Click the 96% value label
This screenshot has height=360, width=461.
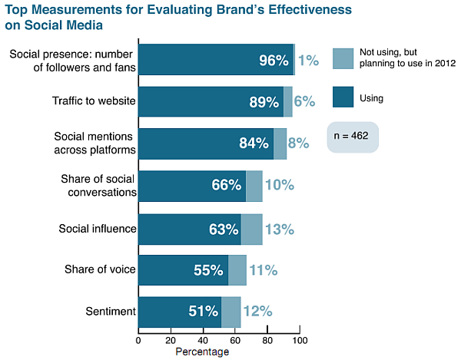click(x=274, y=60)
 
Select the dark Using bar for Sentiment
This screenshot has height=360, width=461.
click(x=180, y=311)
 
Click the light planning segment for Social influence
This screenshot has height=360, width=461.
click(x=251, y=228)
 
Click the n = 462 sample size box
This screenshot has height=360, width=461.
click(x=353, y=135)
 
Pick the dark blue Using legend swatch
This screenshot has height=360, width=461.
click(x=343, y=98)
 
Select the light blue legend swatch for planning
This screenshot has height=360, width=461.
click(x=343, y=58)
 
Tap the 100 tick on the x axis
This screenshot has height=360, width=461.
click(x=300, y=340)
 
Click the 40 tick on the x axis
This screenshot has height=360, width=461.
click(x=203, y=340)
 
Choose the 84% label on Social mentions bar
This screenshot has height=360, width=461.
click(x=254, y=144)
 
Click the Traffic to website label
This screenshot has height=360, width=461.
click(x=95, y=101)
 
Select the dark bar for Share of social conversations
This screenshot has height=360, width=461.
click(x=192, y=186)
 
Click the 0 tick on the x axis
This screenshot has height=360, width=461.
click(x=138, y=340)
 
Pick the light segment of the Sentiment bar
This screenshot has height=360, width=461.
click(x=230, y=311)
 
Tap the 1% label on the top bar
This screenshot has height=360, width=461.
click(x=308, y=60)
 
